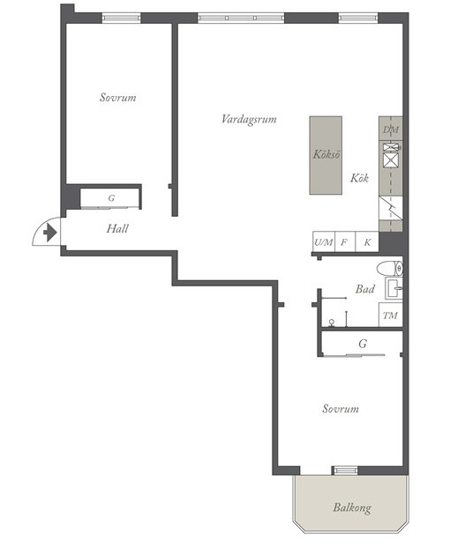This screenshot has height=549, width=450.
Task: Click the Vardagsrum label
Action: tap(249, 120)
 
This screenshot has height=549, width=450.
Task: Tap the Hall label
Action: tap(117, 228)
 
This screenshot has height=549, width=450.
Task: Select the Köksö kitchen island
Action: tap(326, 155)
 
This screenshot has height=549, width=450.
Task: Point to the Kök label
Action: tap(359, 178)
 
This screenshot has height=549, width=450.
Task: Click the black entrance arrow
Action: tap(49, 233)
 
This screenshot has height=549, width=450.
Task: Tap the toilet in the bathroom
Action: tap(390, 269)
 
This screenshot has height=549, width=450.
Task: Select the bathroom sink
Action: tap(394, 288)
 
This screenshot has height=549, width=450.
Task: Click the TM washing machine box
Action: tap(390, 315)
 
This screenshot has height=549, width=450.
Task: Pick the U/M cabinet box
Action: tap(324, 241)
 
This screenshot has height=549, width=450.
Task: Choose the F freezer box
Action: tap(345, 241)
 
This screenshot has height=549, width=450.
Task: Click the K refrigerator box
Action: tap(367, 241)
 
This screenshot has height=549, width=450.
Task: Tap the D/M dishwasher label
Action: tap(391, 130)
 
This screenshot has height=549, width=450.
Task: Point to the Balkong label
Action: tap(352, 508)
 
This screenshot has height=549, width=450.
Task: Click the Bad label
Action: tap(364, 289)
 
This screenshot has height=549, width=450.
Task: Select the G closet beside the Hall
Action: tap(111, 198)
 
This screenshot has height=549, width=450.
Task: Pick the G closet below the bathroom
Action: tap(362, 343)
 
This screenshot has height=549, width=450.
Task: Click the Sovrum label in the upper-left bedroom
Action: tap(117, 97)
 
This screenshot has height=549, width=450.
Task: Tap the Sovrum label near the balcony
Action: tap(341, 409)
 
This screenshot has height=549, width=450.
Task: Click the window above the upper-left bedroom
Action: tap(121, 18)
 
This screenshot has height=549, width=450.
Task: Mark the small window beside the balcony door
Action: tap(345, 471)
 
